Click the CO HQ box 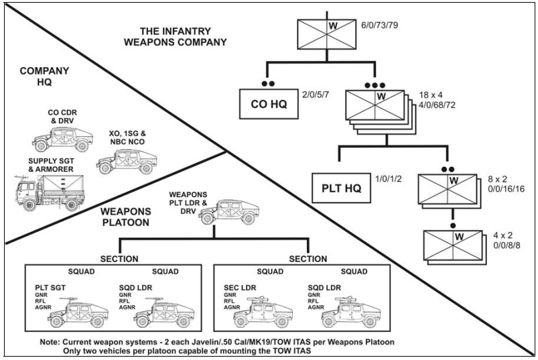(269, 104)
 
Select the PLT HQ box (342, 188)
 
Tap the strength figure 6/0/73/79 (379, 25)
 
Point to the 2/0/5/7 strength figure (316, 95)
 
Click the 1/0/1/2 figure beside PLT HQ (389, 179)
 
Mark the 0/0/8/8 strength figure (507, 245)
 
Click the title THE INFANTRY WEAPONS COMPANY (176, 37)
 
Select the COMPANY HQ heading (44, 76)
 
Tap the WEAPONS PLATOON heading (125, 217)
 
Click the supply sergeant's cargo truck (50, 192)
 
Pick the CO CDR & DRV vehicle (62, 139)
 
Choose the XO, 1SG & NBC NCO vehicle (127, 162)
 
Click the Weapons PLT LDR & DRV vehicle (229, 212)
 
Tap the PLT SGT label (50, 288)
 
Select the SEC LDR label (240, 288)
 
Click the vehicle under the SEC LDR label (263, 312)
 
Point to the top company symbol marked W (327, 34)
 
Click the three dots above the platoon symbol (375, 85)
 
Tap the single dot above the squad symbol (453, 225)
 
